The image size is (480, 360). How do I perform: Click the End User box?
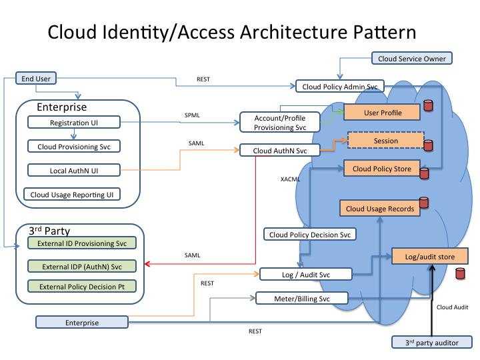pyautogui.click(x=36, y=79)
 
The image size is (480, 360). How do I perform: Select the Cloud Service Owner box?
pyautogui.click(x=412, y=58)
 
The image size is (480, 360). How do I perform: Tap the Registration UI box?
pyautogui.click(x=74, y=123)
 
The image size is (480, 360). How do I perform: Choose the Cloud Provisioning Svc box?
pyautogui.click(x=74, y=146)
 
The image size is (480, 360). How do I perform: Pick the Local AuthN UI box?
pyautogui.click(x=74, y=170)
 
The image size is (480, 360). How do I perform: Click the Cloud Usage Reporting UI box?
pyautogui.click(x=72, y=194)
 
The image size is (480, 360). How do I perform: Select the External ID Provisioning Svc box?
pyautogui.click(x=82, y=243)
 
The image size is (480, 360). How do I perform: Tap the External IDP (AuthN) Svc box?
pyautogui.click(x=82, y=266)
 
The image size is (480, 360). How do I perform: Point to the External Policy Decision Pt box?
pyautogui.click(x=82, y=286)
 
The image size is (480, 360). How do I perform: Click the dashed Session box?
pyautogui.click(x=386, y=141)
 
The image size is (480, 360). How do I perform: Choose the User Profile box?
pyautogui.click(x=382, y=113)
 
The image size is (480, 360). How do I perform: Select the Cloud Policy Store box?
pyautogui.click(x=381, y=169)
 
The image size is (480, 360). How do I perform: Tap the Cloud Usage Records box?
pyautogui.click(x=379, y=208)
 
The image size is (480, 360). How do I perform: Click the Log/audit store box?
pyautogui.click(x=430, y=256)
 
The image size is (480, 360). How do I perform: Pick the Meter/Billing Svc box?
pyautogui.click(x=302, y=299)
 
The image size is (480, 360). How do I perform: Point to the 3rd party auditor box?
pyautogui.click(x=432, y=342)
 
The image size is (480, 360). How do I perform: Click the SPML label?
pyautogui.click(x=192, y=115)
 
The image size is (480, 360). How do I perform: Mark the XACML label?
pyautogui.click(x=290, y=179)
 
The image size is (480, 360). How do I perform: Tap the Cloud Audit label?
pyautogui.click(x=452, y=307)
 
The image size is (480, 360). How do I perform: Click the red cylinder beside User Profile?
pyautogui.click(x=428, y=105)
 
